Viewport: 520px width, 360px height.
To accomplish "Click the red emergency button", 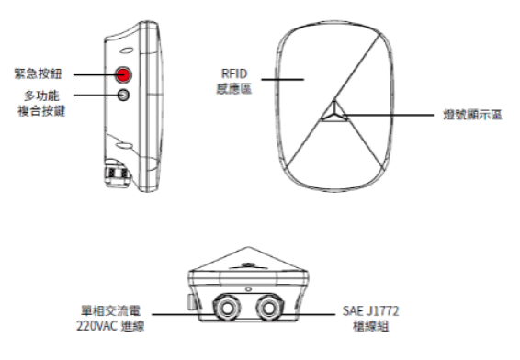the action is [x=123, y=74].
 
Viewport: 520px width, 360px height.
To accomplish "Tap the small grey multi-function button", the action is [x=123, y=96].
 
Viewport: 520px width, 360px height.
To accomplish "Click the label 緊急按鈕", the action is [x=39, y=73].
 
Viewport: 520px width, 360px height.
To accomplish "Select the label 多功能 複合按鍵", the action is [x=41, y=103].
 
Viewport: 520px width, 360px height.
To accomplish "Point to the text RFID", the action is [x=234, y=73].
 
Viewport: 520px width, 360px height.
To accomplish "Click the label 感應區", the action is [x=234, y=89].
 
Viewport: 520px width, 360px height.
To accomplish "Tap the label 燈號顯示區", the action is [x=472, y=115].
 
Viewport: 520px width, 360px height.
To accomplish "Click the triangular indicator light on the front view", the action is [x=334, y=112].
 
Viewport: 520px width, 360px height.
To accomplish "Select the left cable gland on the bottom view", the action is [x=227, y=308].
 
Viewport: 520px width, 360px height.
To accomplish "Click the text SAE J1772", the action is [x=370, y=311].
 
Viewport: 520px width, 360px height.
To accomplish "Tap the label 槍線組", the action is [x=370, y=326].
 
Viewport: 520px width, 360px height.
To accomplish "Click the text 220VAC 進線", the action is [x=110, y=326].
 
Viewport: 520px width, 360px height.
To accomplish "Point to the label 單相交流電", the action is [x=111, y=310].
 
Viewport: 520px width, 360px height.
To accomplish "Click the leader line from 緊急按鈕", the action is [x=95, y=75].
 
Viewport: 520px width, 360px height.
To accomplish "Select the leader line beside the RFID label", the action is [x=283, y=80].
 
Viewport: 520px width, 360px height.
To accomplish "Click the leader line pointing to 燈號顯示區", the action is [x=388, y=115].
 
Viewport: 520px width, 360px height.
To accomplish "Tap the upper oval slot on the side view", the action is [x=127, y=51].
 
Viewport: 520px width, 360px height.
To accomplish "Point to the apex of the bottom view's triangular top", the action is [x=248, y=247].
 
